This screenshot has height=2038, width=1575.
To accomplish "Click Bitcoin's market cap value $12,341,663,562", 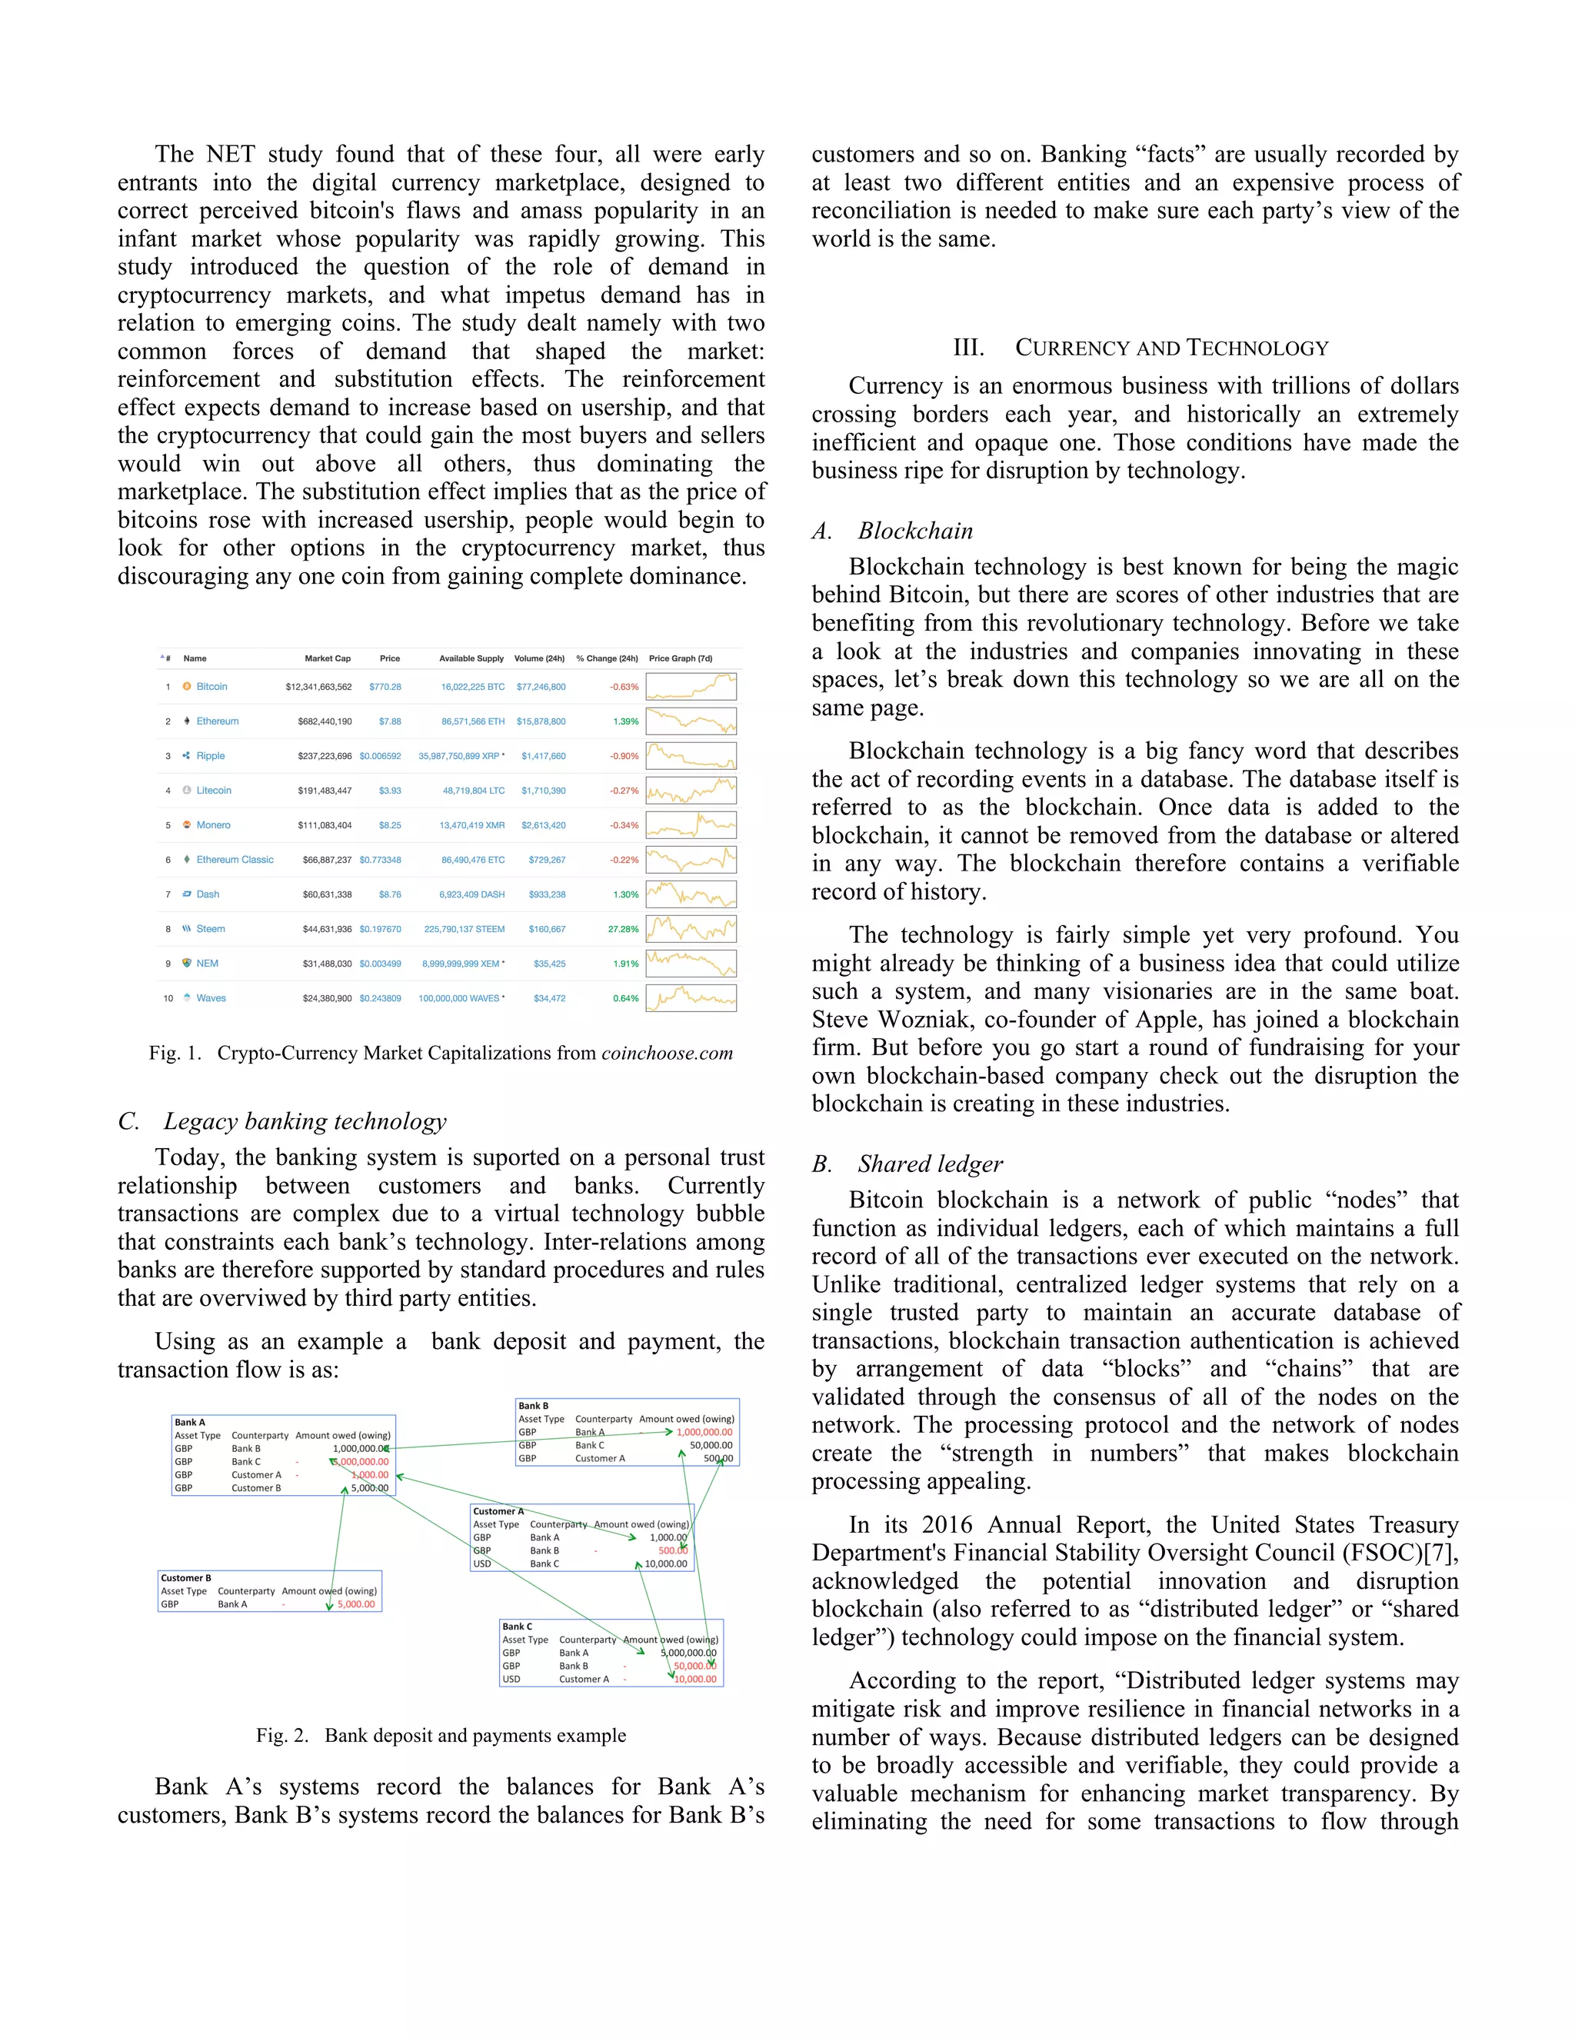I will [x=318, y=687].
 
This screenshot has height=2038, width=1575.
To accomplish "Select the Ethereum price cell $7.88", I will [x=390, y=721].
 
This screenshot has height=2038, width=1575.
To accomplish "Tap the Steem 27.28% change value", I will [x=623, y=930].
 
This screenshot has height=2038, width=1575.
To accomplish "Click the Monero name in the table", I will [x=213, y=825].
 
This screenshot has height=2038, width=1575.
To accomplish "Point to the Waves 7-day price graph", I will [x=691, y=998].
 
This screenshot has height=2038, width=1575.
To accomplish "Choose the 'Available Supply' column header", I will [x=471, y=659].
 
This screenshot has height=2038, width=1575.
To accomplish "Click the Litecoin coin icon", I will [x=187, y=791].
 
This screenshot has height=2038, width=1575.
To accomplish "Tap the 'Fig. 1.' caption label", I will [x=175, y=1054].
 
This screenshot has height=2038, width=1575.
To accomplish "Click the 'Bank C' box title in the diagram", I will [x=517, y=1626].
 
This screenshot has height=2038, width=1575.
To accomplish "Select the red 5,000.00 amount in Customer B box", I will [x=355, y=1604].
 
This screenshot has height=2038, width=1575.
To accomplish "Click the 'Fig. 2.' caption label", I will [x=281, y=1736].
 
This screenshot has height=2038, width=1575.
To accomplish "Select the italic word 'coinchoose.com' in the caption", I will [x=666, y=1054].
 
